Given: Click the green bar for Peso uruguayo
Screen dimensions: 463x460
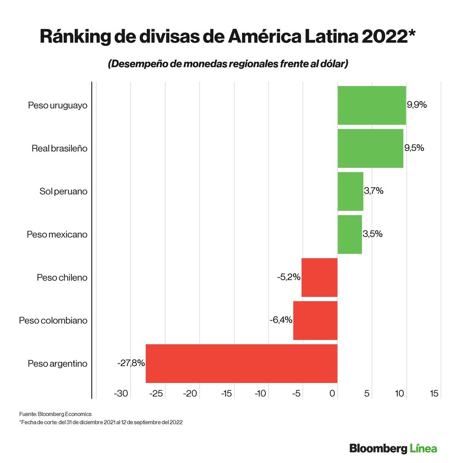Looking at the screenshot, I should coord(372,105).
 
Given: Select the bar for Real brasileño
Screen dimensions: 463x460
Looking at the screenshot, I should coord(370,148).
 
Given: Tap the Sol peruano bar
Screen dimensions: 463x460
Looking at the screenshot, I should coord(350,191).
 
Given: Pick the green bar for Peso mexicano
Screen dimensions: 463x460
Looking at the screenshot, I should coord(350,234).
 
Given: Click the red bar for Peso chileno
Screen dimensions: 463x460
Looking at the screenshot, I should coord(319,277).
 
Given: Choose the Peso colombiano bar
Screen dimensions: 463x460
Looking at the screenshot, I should coord(315,320).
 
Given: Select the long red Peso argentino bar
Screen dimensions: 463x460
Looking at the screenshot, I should coord(241,363).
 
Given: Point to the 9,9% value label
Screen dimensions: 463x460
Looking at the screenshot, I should coord(417,105).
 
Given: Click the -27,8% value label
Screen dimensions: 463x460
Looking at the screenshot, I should coord(131,363).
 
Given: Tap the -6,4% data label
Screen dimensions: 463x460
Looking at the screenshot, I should coord(281,320).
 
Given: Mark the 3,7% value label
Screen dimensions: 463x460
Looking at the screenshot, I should coord(374,191).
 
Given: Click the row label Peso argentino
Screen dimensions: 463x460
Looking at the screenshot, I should coord(57,364).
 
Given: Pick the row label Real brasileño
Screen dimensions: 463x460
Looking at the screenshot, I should coord(59,148).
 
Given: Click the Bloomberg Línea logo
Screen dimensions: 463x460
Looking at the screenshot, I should coord(393,448).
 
